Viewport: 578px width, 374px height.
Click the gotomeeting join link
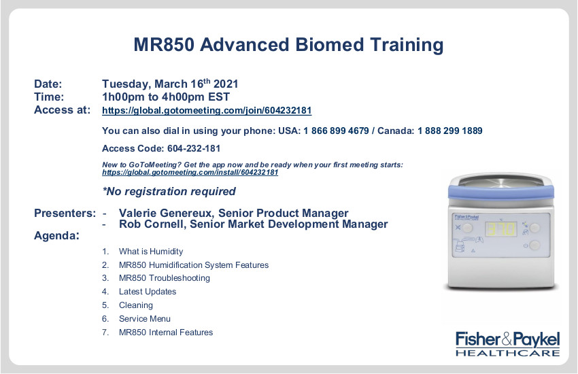(x=207, y=111)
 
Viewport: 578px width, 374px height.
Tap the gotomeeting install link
(x=190, y=173)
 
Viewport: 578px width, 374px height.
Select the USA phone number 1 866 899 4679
(x=336, y=131)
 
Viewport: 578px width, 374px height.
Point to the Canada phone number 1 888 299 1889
(x=450, y=131)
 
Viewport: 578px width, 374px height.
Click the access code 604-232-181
(x=194, y=148)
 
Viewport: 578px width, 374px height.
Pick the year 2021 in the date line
(x=226, y=84)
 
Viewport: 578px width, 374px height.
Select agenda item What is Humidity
(x=151, y=252)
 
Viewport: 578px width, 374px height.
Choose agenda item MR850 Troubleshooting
(x=165, y=278)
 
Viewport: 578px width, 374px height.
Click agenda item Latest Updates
(x=148, y=292)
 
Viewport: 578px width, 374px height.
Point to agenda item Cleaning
(x=135, y=305)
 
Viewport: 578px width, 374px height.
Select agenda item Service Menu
(x=145, y=319)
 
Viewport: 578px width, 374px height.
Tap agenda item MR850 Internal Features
(x=166, y=333)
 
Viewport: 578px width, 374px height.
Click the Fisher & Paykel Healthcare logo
(x=507, y=344)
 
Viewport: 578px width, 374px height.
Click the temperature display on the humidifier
(x=501, y=229)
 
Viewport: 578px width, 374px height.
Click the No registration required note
(x=169, y=192)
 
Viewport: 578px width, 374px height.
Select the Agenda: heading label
(x=56, y=235)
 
